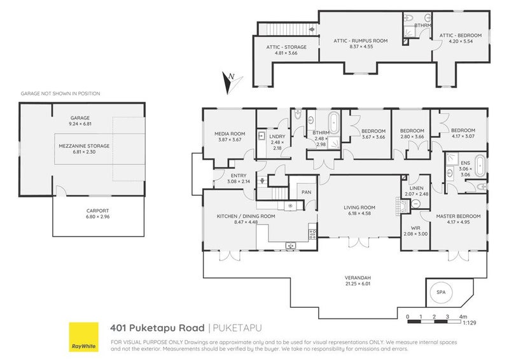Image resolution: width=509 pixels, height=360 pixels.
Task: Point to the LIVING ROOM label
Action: coord(359,211)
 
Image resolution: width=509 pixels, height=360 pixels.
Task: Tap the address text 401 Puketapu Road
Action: coord(158,328)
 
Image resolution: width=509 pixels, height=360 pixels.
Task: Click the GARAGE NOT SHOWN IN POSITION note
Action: coord(60,93)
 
